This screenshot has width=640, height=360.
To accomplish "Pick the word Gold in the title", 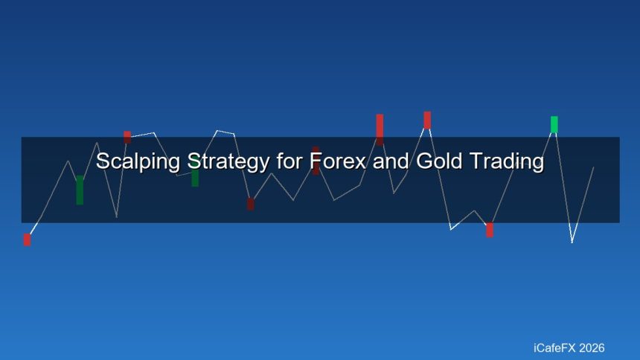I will (437, 161).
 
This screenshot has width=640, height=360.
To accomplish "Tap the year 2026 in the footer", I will (591, 348).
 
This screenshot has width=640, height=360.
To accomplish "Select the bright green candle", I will (554, 124).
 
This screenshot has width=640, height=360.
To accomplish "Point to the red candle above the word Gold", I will (427, 120).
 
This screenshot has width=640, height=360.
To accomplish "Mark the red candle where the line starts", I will (27, 240).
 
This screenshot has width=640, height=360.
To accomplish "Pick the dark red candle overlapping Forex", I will (316, 161).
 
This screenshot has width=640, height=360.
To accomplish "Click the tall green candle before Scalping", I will (80, 190).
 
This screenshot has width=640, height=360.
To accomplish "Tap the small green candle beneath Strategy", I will (195, 179).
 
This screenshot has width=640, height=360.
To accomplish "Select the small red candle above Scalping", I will (127, 137).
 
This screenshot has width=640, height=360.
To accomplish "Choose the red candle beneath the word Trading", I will (490, 230).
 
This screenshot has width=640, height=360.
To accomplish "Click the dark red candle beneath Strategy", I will (250, 204).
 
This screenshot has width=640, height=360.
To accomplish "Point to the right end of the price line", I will (593, 167).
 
